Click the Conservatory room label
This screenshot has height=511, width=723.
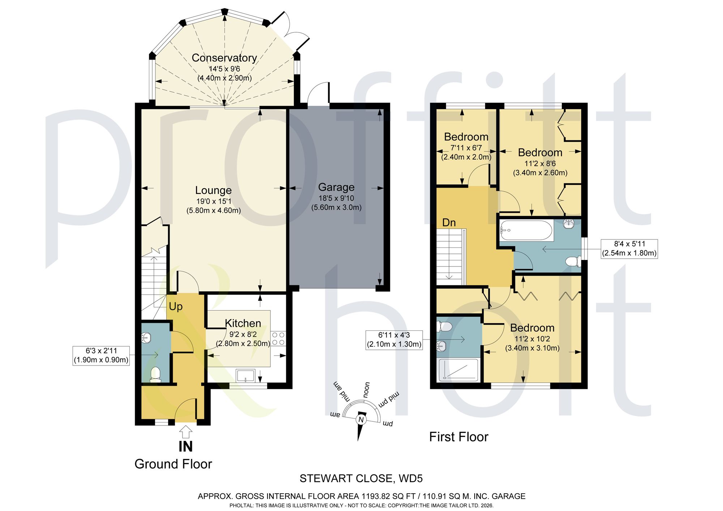[x=224, y=58]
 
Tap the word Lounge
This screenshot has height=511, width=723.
[x=213, y=190]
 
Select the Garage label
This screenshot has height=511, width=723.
[x=336, y=187]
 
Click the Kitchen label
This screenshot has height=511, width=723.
[x=243, y=323]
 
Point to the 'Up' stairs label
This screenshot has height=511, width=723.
[x=176, y=307]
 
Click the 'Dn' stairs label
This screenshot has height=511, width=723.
[x=449, y=222]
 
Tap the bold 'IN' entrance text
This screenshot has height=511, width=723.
[x=185, y=447]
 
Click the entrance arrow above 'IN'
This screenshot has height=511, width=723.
[x=186, y=432]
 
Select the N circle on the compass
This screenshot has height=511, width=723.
[x=360, y=420]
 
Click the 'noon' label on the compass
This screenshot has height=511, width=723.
[x=366, y=390]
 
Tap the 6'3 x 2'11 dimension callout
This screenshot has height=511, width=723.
[x=101, y=355]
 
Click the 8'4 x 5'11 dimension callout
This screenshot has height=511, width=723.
[x=629, y=248]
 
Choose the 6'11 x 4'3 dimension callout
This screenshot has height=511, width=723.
[x=394, y=340]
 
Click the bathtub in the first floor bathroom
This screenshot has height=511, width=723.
[x=526, y=230]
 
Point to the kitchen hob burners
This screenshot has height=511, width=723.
[x=278, y=338]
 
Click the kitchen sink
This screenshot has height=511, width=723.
[x=245, y=376]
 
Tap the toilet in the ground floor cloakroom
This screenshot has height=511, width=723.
[x=155, y=374]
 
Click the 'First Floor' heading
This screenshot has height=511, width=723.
[x=458, y=437]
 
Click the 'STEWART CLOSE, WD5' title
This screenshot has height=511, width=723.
[x=361, y=478]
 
